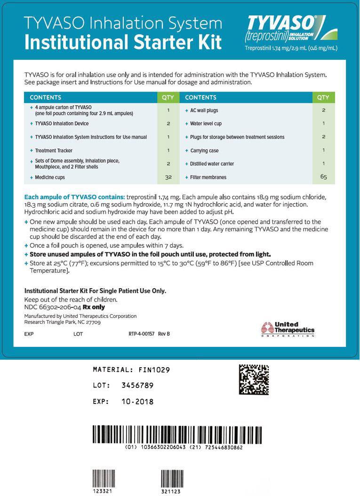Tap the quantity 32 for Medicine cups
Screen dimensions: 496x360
(x=168, y=177)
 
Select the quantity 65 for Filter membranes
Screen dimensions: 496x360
(x=323, y=177)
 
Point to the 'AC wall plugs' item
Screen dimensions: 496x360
(x=204, y=110)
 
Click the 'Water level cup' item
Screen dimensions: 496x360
(x=206, y=124)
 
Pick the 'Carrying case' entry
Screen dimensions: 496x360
(x=204, y=150)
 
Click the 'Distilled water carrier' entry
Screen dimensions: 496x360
(x=212, y=164)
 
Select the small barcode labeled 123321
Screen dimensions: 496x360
(x=103, y=480)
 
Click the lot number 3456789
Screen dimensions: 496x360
(x=137, y=386)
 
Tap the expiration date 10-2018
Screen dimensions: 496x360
(x=137, y=402)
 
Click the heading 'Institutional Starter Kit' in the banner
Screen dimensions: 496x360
(x=123, y=42)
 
